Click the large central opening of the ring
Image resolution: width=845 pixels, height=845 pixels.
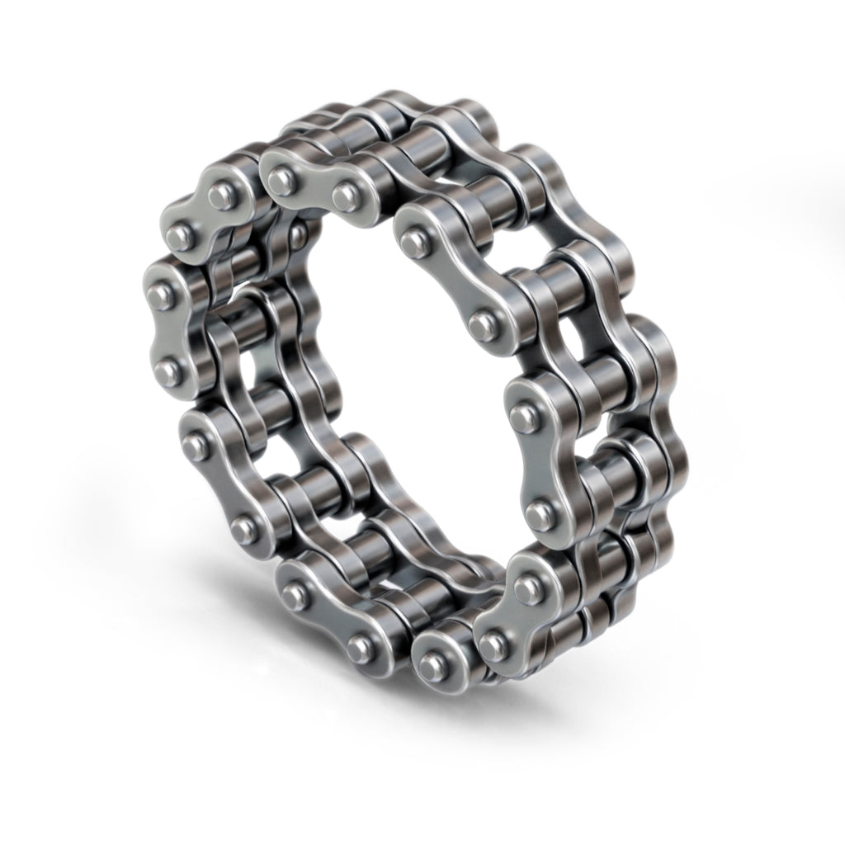[396, 371]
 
